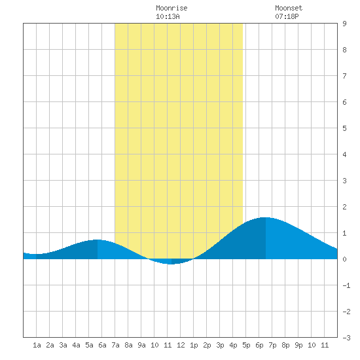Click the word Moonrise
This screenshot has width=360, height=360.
(171, 8)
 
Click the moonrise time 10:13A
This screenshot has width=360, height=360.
(168, 16)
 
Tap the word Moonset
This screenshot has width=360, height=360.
(289, 8)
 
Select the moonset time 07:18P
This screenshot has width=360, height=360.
(287, 16)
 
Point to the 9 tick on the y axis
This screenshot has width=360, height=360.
(344, 24)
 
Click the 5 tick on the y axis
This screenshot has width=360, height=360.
(344, 128)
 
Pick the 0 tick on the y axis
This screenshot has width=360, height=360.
(344, 259)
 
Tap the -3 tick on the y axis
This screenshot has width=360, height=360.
(346, 338)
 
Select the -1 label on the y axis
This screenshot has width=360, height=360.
(346, 285)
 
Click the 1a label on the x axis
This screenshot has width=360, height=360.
(37, 345)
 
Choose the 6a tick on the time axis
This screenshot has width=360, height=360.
(102, 345)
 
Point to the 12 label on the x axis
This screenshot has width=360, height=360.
(181, 345)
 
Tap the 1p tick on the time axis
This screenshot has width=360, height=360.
(194, 345)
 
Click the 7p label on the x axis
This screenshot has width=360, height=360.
(272, 345)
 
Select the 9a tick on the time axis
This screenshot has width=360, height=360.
(141, 345)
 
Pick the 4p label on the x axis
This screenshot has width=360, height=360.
(233, 345)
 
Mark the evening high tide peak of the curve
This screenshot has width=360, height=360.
(266, 217)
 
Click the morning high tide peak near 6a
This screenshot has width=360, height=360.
(98, 240)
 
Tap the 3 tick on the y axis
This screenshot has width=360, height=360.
(344, 181)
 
